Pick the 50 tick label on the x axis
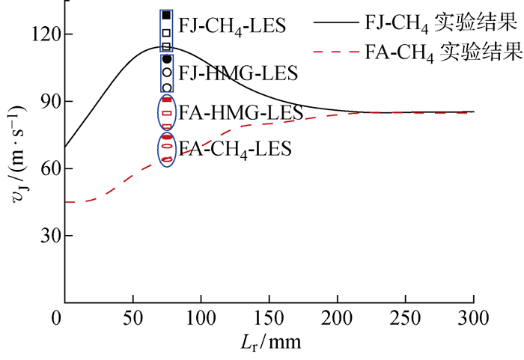tap(132, 318)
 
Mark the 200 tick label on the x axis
tap(337, 318)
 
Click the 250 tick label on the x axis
tap(406, 318)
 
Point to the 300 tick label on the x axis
tap(474, 318)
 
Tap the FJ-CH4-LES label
tap(232, 26)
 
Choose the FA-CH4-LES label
tap(235, 148)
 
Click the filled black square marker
tap(166, 15)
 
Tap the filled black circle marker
tap(167, 58)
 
